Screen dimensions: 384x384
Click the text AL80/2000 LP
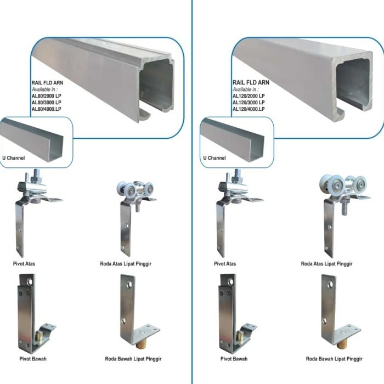coord(47,97)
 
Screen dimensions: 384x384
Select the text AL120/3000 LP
coord(249,103)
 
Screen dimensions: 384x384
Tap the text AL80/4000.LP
coord(47,109)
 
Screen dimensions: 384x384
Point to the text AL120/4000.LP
coord(249,109)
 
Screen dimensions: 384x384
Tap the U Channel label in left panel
coord(13,158)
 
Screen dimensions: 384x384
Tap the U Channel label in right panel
coord(214,158)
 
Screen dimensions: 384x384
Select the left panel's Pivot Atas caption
coord(26,264)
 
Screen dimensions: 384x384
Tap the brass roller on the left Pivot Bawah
coord(40,336)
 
